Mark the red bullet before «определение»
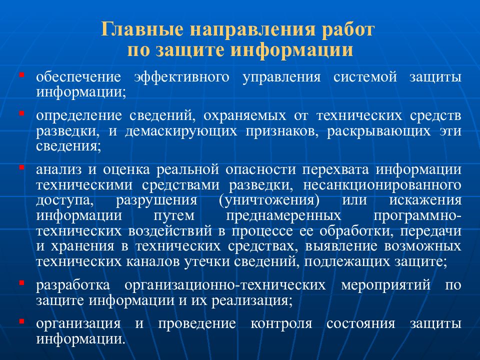(x=22, y=113)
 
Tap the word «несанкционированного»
(x=374, y=184)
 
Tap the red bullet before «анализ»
(x=22, y=167)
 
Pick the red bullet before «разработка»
(x=22, y=283)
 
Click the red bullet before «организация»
(x=22, y=321)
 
